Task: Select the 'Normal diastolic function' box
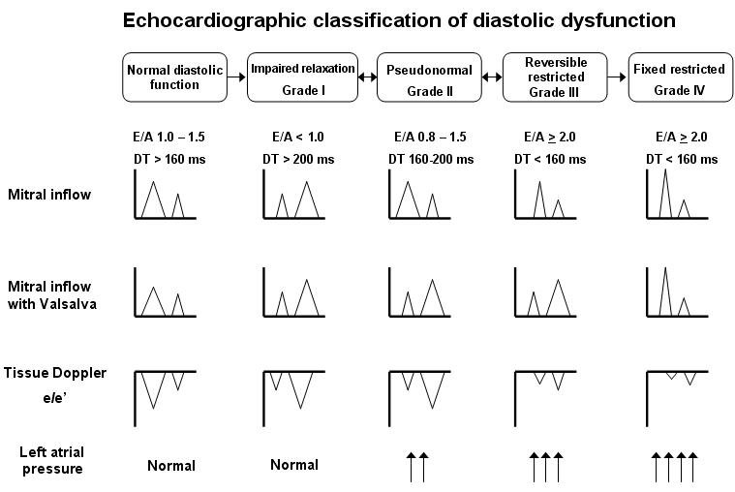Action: tap(174, 77)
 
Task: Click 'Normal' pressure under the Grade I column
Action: tap(293, 466)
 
